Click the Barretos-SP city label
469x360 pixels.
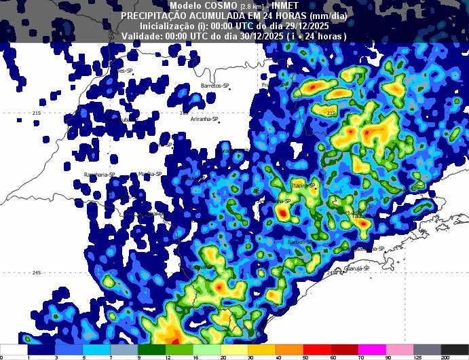click(215, 86)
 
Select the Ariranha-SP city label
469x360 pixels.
click(204, 119)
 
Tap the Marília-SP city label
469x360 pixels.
click(150, 174)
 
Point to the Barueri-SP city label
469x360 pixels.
click(300, 241)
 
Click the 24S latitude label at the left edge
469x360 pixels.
click(37, 273)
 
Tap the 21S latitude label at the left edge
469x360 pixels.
click(37, 113)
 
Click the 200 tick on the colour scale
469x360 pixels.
click(445, 357)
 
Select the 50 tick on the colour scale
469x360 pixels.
click(305, 357)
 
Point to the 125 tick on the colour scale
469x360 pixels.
click(417, 357)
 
